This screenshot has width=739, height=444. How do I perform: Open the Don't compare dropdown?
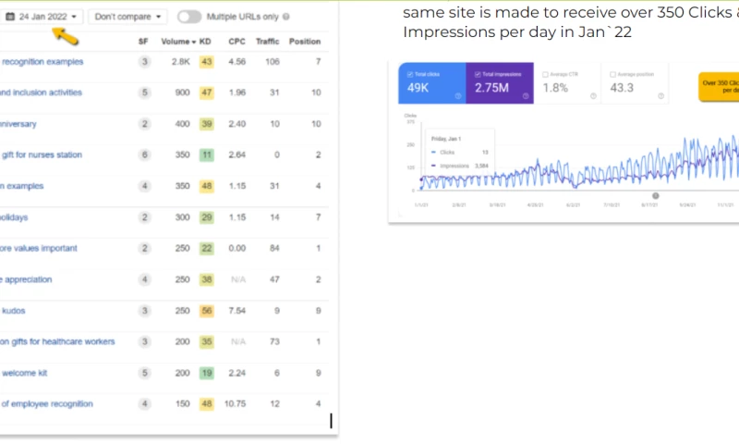[x=127, y=17]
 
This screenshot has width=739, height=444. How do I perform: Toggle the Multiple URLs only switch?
[x=189, y=17]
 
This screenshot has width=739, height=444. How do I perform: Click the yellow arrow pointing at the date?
[x=64, y=36]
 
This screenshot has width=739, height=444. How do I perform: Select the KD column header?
[x=206, y=42]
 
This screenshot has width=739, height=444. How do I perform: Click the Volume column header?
[x=177, y=42]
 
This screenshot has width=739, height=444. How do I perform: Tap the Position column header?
[x=305, y=42]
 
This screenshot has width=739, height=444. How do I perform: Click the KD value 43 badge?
[x=206, y=62]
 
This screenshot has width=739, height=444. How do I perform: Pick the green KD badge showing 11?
[x=206, y=155]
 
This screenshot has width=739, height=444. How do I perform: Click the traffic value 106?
[x=271, y=62]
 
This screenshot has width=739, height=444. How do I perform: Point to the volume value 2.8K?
[x=180, y=62]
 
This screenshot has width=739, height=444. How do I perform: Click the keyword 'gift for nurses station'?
[x=42, y=155]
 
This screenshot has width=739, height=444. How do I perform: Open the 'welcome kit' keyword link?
[x=27, y=373]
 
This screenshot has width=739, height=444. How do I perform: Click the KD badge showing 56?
[x=206, y=311]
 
